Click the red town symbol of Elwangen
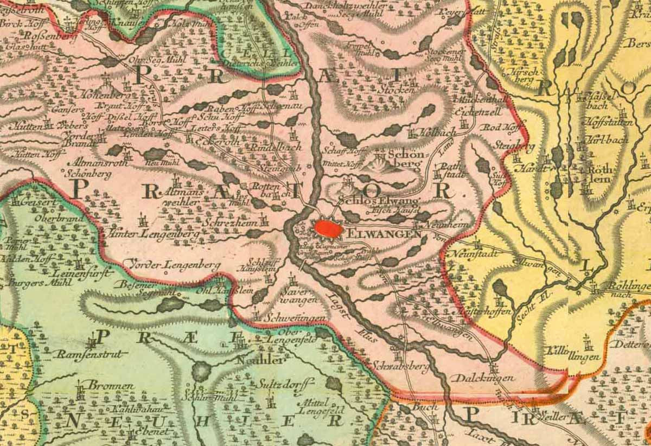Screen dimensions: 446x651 [x=328, y=229]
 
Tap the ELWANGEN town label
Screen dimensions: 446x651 [x=384, y=234]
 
